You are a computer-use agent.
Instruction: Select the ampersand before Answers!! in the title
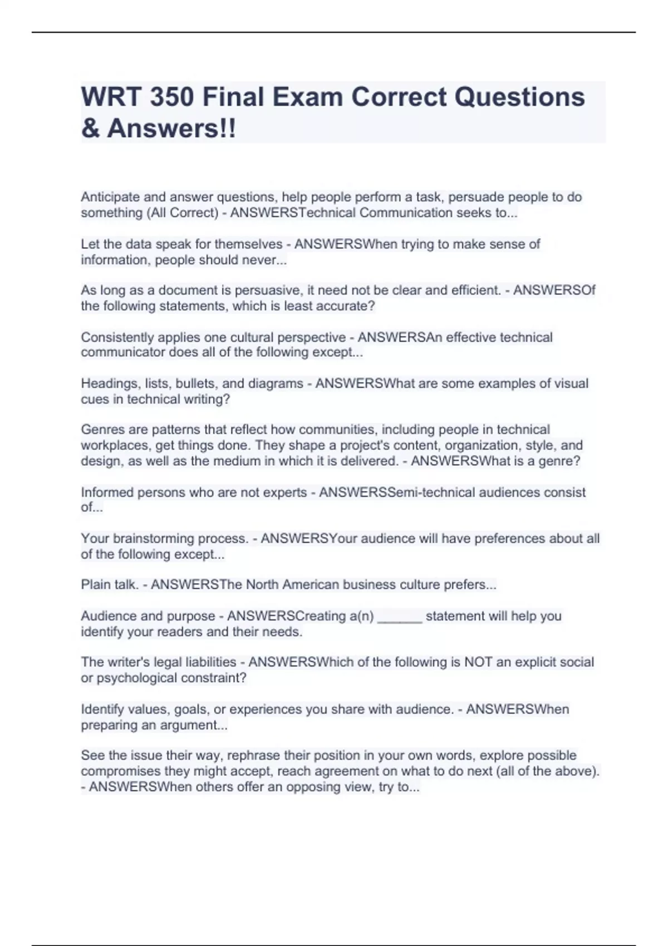91,129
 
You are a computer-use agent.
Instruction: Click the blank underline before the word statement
400,617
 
